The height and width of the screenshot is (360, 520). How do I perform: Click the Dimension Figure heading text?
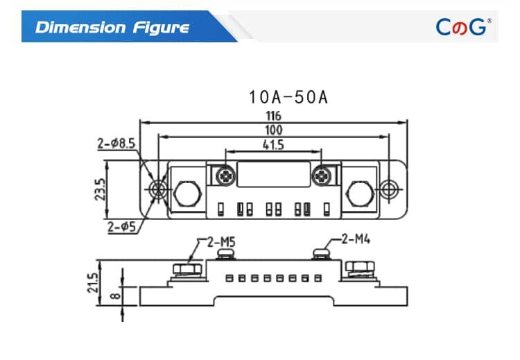[112, 28]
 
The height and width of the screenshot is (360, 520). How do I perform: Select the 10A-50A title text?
[287, 97]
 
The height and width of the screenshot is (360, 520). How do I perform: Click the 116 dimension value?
[273, 116]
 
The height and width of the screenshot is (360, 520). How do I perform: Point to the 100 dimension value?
[273, 130]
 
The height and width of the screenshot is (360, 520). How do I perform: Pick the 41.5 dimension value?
[273, 145]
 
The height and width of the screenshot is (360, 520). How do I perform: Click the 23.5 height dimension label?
[100, 189]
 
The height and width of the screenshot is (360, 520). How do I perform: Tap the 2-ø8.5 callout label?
[116, 144]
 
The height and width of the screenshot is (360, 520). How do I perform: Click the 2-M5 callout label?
[220, 241]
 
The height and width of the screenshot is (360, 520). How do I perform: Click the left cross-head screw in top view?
[225, 175]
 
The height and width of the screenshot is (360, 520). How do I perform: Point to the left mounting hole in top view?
[159, 189]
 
